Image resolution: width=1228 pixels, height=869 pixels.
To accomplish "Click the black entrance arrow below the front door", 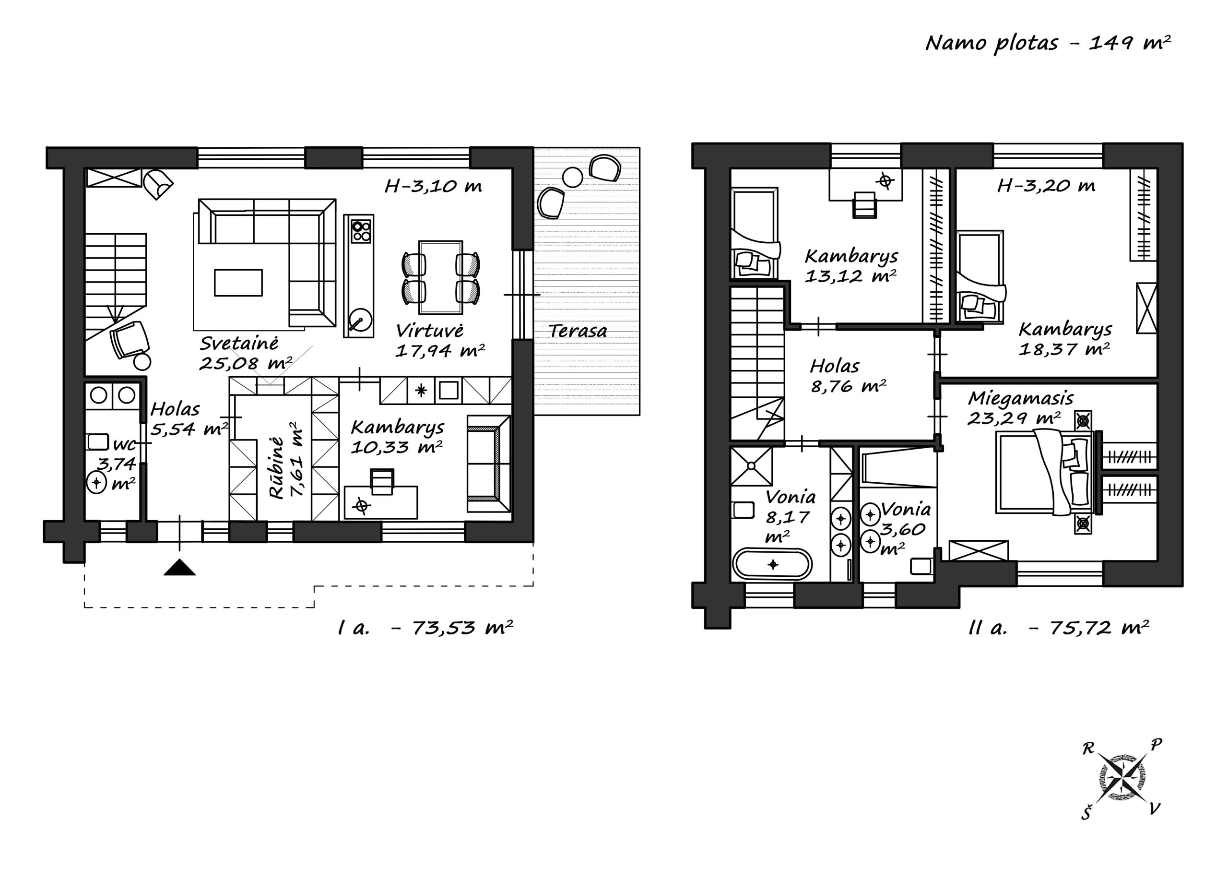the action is point(179,567).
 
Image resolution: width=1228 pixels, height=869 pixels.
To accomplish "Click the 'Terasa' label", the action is point(578,331).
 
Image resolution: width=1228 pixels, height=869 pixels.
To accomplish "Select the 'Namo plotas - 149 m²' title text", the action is point(1048,43).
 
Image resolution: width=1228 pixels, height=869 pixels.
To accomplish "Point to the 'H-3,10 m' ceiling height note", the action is point(433,186).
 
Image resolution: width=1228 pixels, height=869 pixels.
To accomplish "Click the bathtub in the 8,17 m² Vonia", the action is point(772,564).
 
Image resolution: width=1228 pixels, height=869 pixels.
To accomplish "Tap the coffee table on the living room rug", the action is point(238,283).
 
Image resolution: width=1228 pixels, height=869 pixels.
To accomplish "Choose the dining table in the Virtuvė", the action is point(441,277).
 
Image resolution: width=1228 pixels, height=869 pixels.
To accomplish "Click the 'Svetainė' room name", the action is point(239,344).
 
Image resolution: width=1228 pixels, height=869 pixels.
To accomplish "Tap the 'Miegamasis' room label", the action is point(1020,399).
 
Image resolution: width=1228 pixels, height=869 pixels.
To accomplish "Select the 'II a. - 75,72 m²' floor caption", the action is point(1059,627).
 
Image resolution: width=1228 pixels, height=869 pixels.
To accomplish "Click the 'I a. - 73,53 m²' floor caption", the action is point(425,627).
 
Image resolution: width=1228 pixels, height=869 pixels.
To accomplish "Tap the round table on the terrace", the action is point(572,177).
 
